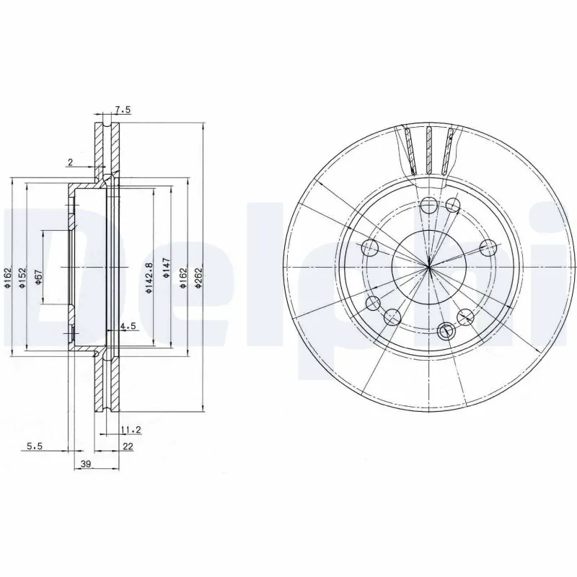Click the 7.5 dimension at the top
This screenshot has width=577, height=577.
[123, 110]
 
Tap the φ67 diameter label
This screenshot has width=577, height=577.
[38, 277]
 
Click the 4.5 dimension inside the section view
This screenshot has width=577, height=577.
[128, 327]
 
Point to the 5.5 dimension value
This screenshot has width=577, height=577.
[35, 447]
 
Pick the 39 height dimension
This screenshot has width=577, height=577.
[85, 465]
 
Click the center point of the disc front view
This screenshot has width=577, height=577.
[428, 267]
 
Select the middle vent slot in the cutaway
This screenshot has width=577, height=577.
[428, 151]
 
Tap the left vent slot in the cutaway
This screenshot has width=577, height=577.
[409, 150]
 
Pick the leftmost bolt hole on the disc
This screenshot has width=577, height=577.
[370, 249]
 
